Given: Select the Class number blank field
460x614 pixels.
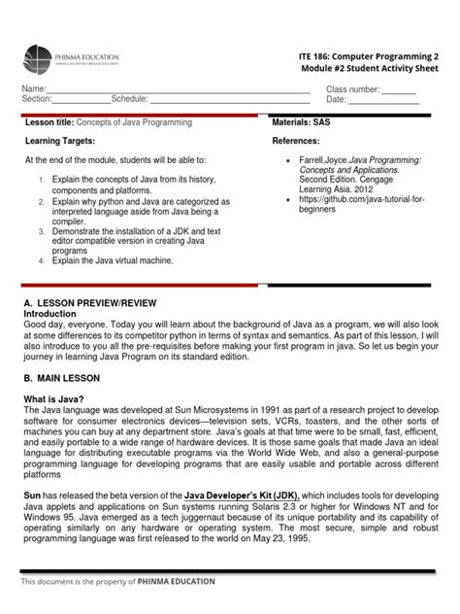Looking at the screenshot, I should (x=398, y=88).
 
